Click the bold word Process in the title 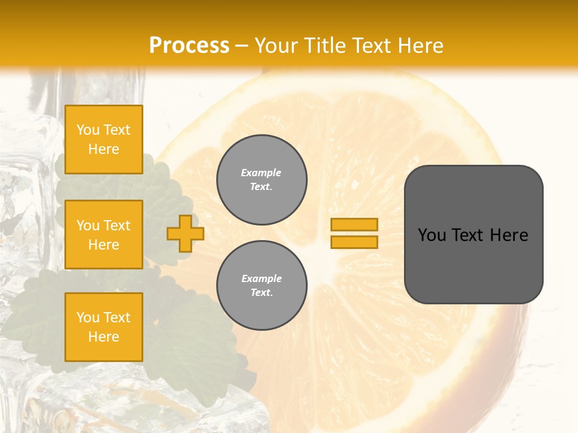coord(189,45)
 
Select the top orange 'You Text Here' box coord(104,140)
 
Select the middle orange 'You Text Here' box coord(104,235)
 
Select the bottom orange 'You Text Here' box coord(104,327)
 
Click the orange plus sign coord(185,233)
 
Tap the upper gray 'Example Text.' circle coord(261,180)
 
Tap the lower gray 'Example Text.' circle coord(261,286)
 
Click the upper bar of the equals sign coord(354,224)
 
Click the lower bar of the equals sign coord(354,242)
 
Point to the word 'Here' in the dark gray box coord(509,235)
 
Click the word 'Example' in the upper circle coord(261,173)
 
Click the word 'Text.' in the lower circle coord(261,293)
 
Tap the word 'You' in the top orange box coord(87,130)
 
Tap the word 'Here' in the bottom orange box coord(104,337)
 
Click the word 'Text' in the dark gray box coord(469,235)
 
